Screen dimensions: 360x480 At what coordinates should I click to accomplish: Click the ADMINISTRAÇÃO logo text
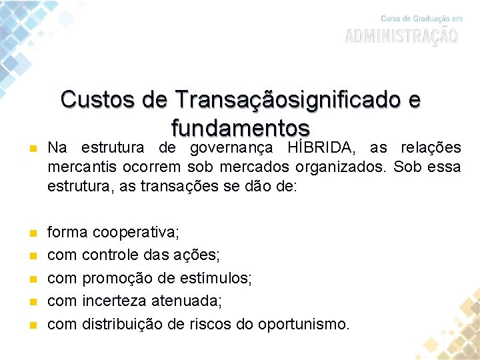[401, 35]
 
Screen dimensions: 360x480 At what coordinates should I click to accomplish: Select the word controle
[111, 255]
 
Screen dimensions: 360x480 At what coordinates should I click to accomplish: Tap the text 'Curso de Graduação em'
[421, 18]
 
